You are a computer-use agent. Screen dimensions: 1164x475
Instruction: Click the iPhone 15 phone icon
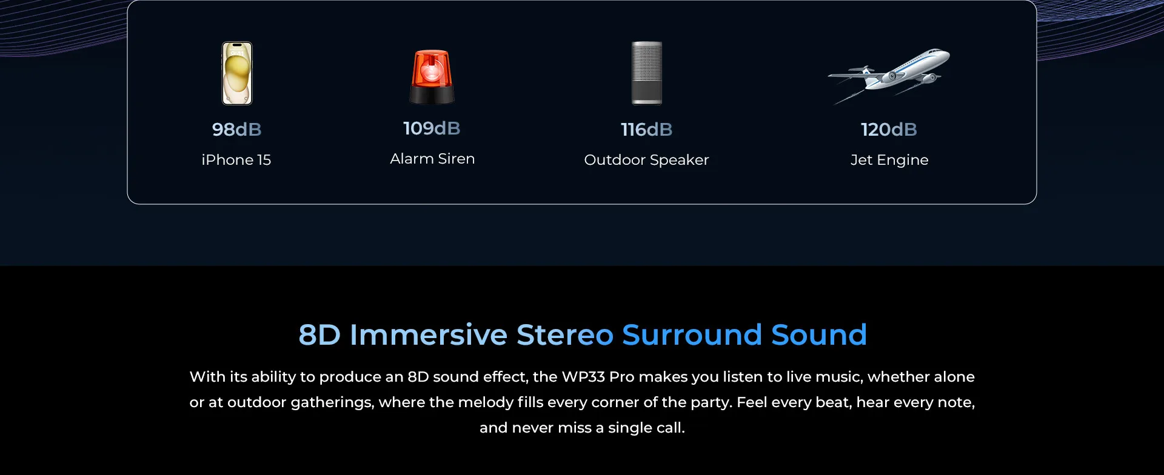click(237, 73)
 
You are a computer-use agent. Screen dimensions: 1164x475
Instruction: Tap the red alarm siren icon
click(432, 76)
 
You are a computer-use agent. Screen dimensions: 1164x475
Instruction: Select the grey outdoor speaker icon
click(647, 73)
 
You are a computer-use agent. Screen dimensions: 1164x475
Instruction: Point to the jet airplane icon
click(889, 76)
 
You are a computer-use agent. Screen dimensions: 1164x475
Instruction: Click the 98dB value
click(237, 129)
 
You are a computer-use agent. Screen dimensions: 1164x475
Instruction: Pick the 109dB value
click(432, 128)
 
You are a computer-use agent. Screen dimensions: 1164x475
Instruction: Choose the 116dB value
click(646, 129)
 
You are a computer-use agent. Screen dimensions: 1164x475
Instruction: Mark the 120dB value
click(889, 129)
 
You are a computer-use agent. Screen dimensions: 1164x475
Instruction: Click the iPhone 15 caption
click(236, 159)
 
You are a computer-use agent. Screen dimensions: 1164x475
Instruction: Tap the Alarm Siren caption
click(432, 158)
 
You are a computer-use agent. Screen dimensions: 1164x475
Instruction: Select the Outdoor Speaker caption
click(646, 160)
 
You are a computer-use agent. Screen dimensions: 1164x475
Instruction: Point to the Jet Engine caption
click(889, 160)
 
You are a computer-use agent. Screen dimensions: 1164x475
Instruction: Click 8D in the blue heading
click(319, 334)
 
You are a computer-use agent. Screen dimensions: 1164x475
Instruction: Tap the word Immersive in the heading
click(429, 334)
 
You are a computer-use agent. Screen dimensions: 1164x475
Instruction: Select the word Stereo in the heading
click(565, 334)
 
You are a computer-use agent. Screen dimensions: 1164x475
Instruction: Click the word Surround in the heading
click(692, 334)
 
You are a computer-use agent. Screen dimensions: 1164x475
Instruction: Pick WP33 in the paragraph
click(583, 377)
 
